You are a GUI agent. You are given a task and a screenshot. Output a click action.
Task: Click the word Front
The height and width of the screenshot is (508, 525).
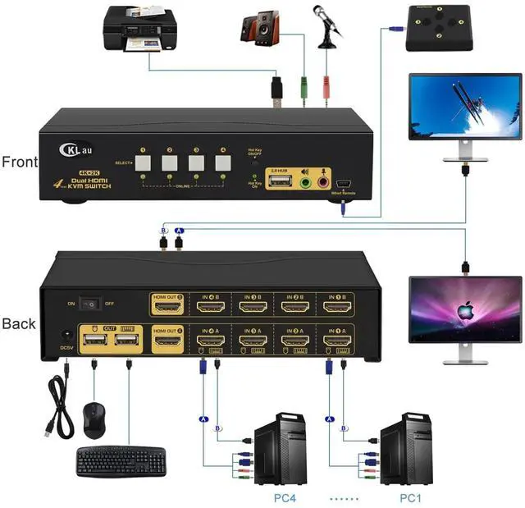(x=19, y=162)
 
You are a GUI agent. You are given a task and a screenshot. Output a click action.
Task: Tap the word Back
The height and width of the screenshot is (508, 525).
(x=19, y=323)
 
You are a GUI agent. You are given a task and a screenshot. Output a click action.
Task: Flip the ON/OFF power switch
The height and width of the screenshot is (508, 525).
(x=92, y=304)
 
